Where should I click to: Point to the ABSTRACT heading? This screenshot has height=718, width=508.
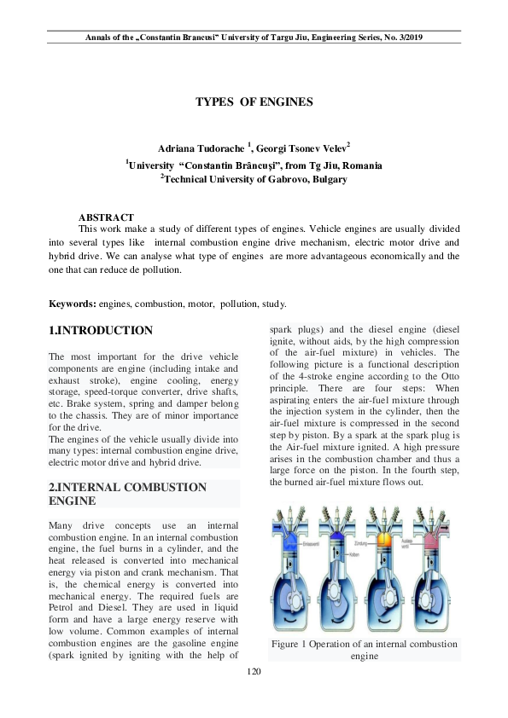coord(106,217)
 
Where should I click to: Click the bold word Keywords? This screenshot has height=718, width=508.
coord(72,303)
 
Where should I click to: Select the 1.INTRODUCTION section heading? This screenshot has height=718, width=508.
coord(101,331)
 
